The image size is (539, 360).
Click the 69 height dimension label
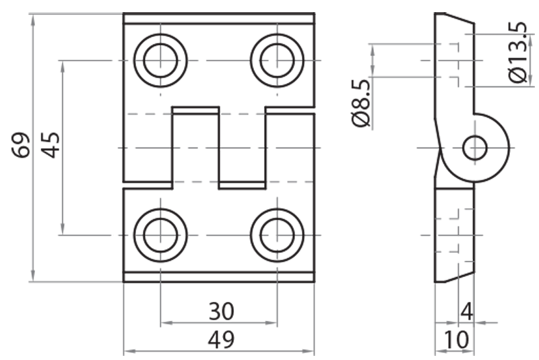(x=22, y=145)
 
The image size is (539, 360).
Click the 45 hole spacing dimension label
(x=51, y=145)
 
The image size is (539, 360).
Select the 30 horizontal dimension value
(x=220, y=311)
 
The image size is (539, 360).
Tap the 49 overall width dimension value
(x=220, y=340)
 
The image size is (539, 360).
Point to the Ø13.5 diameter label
(x=517, y=53)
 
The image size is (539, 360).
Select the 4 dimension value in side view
(x=466, y=311)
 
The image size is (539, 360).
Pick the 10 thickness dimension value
(x=456, y=340)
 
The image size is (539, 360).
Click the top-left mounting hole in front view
(x=160, y=60)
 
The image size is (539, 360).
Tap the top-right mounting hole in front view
(x=277, y=60)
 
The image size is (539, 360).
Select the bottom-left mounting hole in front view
(x=160, y=235)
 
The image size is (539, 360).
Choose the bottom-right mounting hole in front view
(x=277, y=235)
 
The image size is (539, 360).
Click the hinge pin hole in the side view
(x=476, y=147)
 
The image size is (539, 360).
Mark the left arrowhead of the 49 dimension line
(x=128, y=352)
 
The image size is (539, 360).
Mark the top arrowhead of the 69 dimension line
(x=32, y=18)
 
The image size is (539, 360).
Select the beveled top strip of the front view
(x=219, y=19)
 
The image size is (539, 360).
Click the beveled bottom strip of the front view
(x=219, y=276)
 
